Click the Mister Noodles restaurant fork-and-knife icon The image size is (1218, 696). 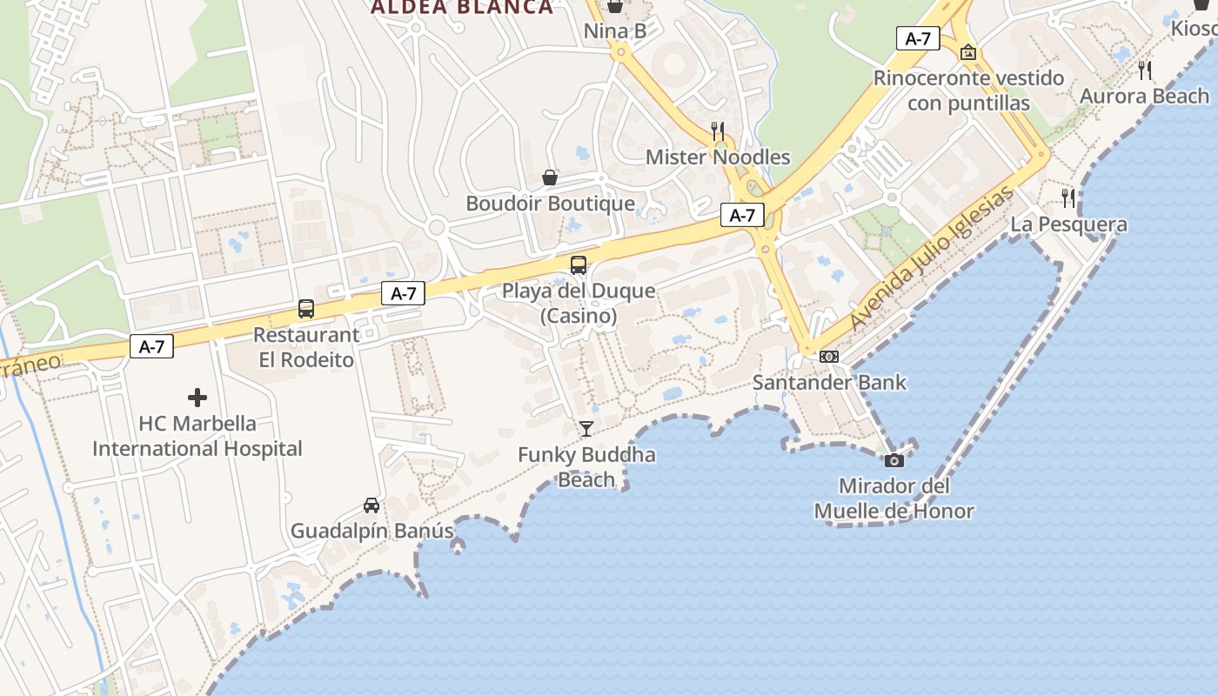[718, 131]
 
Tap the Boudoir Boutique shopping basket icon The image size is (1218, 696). [550, 177]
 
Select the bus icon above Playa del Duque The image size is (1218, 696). [579, 265]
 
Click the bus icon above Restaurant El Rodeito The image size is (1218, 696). [306, 309]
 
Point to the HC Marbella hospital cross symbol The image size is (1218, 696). [197, 398]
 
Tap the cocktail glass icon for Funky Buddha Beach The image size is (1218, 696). [586, 428]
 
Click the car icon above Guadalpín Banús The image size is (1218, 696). [371, 505]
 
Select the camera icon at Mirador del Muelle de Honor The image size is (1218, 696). [894, 460]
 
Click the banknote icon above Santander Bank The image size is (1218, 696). [829, 357]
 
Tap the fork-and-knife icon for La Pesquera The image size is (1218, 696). [1068, 198]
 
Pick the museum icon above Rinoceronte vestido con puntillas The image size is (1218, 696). [968, 53]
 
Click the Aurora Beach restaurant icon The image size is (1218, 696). [1145, 70]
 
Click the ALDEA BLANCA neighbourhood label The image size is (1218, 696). [462, 8]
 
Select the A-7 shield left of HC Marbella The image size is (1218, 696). [152, 347]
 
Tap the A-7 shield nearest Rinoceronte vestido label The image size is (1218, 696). [918, 38]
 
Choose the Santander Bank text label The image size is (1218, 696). [829, 383]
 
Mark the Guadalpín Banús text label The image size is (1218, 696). [372, 531]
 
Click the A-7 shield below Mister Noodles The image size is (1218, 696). [742, 216]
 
